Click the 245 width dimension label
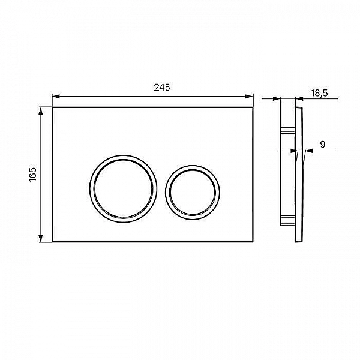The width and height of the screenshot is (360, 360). click(x=162, y=88)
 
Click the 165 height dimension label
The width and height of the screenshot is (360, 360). click(x=33, y=174)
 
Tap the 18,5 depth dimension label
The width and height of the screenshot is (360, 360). click(x=319, y=93)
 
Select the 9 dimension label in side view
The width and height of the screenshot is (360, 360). click(x=323, y=145)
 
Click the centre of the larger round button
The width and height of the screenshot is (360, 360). click(x=123, y=189)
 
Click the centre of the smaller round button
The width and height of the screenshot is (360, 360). click(x=193, y=193)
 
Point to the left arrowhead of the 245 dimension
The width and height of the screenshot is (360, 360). click(x=56, y=97)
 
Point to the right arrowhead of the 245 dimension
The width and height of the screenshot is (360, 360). click(x=250, y=97)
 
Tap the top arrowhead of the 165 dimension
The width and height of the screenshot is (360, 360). click(x=41, y=110)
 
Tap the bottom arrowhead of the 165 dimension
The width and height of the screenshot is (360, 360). click(x=41, y=239)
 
